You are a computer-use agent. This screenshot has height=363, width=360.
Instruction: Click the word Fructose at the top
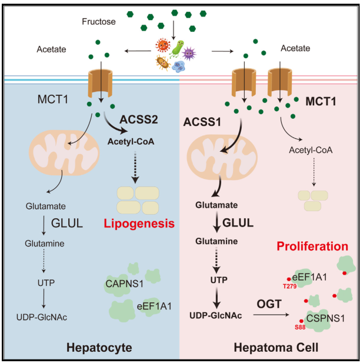pyautogui.click(x=98, y=22)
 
